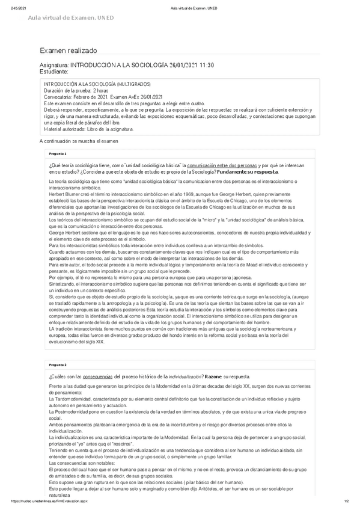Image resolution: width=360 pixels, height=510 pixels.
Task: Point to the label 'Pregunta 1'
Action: pyautogui.click(x=57, y=153)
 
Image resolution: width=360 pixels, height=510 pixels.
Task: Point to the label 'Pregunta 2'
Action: pyautogui.click(x=57, y=364)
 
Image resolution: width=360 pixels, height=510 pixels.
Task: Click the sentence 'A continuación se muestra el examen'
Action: pyautogui.click(x=79, y=141)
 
